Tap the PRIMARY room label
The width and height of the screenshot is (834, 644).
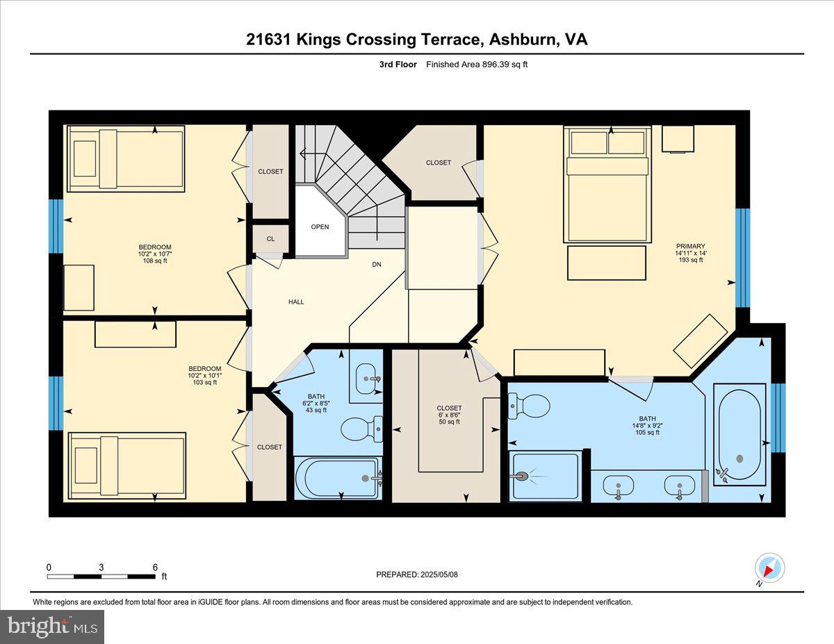click(690, 246)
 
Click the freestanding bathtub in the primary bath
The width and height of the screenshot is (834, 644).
click(739, 435)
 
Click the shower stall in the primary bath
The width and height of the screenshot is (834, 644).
click(544, 476)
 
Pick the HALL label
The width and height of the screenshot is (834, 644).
click(296, 302)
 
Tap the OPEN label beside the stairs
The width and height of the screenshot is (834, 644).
click(320, 226)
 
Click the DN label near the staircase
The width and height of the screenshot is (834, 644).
click(377, 264)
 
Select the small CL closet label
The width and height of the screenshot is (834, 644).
click(270, 239)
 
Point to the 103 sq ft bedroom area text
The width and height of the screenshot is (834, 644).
click(205, 382)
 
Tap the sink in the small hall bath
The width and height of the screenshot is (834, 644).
click(366, 378)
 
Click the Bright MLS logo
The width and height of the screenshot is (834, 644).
click(52, 627)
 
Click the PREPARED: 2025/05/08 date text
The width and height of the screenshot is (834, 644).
click(418, 575)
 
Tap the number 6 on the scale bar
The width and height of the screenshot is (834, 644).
click(155, 567)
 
